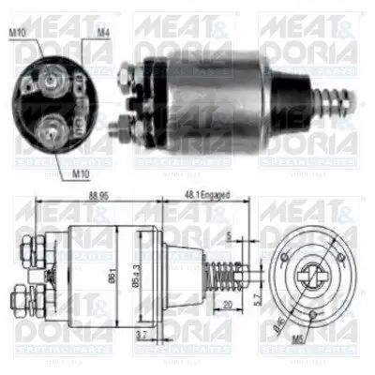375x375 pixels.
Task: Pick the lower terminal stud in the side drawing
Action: [23, 304]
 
